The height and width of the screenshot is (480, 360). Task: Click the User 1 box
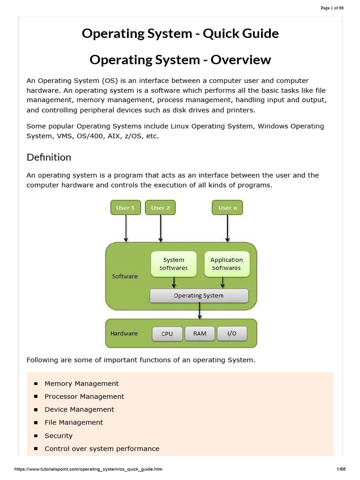coord(126,208)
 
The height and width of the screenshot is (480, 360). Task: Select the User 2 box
coord(161,208)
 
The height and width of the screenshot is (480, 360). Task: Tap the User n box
coord(227,208)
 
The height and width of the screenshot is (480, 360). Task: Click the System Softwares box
coord(173,264)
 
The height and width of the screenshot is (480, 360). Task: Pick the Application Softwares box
coord(226,264)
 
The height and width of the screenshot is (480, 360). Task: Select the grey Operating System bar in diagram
coord(199,296)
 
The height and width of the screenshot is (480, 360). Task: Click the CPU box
coord(167,334)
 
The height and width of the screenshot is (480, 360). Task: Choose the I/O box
coord(232,333)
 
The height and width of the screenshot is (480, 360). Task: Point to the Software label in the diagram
coord(125,277)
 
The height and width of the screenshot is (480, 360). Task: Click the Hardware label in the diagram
coord(124,334)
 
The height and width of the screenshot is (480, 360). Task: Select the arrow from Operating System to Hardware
coord(200,310)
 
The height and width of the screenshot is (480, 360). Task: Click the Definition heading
coord(49,157)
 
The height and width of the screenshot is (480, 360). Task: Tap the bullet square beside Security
coord(36,436)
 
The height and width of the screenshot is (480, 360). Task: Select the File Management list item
coord(74,422)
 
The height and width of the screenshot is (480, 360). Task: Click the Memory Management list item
coord(82,383)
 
